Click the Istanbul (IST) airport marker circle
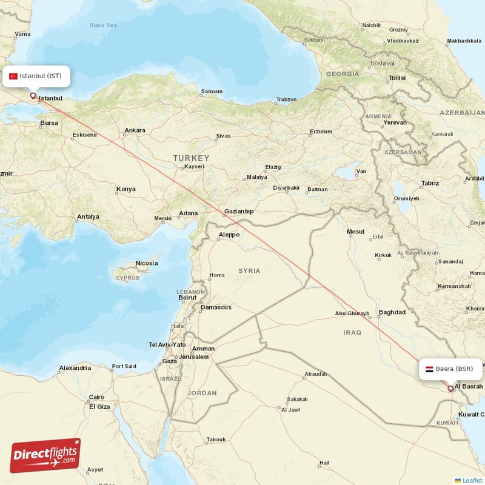(x=33, y=95)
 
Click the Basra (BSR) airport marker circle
(x=450, y=389)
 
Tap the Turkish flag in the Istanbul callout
(x=13, y=76)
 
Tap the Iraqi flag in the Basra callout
(x=429, y=369)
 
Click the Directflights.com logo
(x=45, y=455)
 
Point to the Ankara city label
(x=134, y=130)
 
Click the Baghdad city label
(x=392, y=313)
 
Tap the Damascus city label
(x=216, y=307)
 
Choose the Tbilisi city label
(x=396, y=78)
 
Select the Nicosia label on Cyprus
(x=147, y=263)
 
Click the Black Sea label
(x=103, y=25)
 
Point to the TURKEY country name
(x=191, y=158)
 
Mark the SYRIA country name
(x=249, y=271)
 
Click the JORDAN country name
(x=202, y=393)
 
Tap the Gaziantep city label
(x=238, y=212)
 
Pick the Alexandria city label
(x=75, y=368)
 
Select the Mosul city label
(x=355, y=232)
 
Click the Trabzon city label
(x=286, y=99)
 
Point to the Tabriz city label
(x=430, y=183)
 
